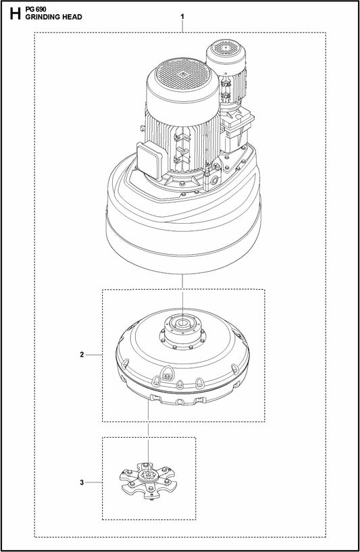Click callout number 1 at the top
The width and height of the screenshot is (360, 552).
[182, 14]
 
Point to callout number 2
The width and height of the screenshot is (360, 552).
[82, 354]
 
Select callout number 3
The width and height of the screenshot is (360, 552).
[82, 482]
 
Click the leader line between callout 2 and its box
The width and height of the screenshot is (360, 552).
[95, 354]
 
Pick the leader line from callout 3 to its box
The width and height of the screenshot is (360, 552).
[95, 482]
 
